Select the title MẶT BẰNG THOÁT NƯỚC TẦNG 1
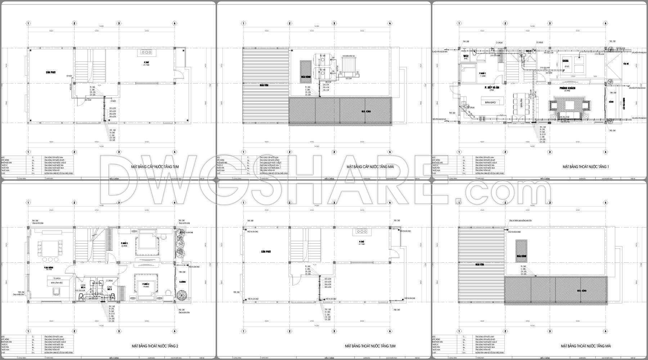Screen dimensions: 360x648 pos(586,167)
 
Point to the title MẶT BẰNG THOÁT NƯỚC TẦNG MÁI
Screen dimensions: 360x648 pos(586,346)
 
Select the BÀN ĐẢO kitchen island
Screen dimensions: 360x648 pos(490,103)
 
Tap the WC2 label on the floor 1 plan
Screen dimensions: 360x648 pos(465,57)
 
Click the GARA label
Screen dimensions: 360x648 pos(565,61)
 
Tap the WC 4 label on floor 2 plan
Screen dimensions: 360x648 pos(83,287)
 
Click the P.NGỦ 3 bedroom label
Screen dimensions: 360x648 pos(125,244)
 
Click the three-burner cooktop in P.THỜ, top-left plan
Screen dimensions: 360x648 pos(147,52)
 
